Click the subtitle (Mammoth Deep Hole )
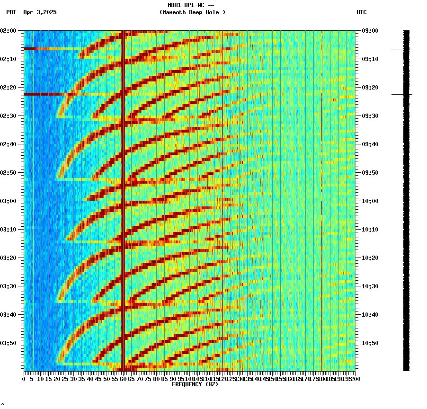pos(192,12)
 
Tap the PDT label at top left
pos(11,12)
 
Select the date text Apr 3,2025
pos(40,12)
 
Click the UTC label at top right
pos(361,12)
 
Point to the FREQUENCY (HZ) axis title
pos(195,384)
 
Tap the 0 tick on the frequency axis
pos(24,379)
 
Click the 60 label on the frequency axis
pos(124,379)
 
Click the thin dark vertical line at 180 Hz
pos(322,213)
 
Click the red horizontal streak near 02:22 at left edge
pos(40,94)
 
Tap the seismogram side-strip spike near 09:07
pos(401,50)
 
